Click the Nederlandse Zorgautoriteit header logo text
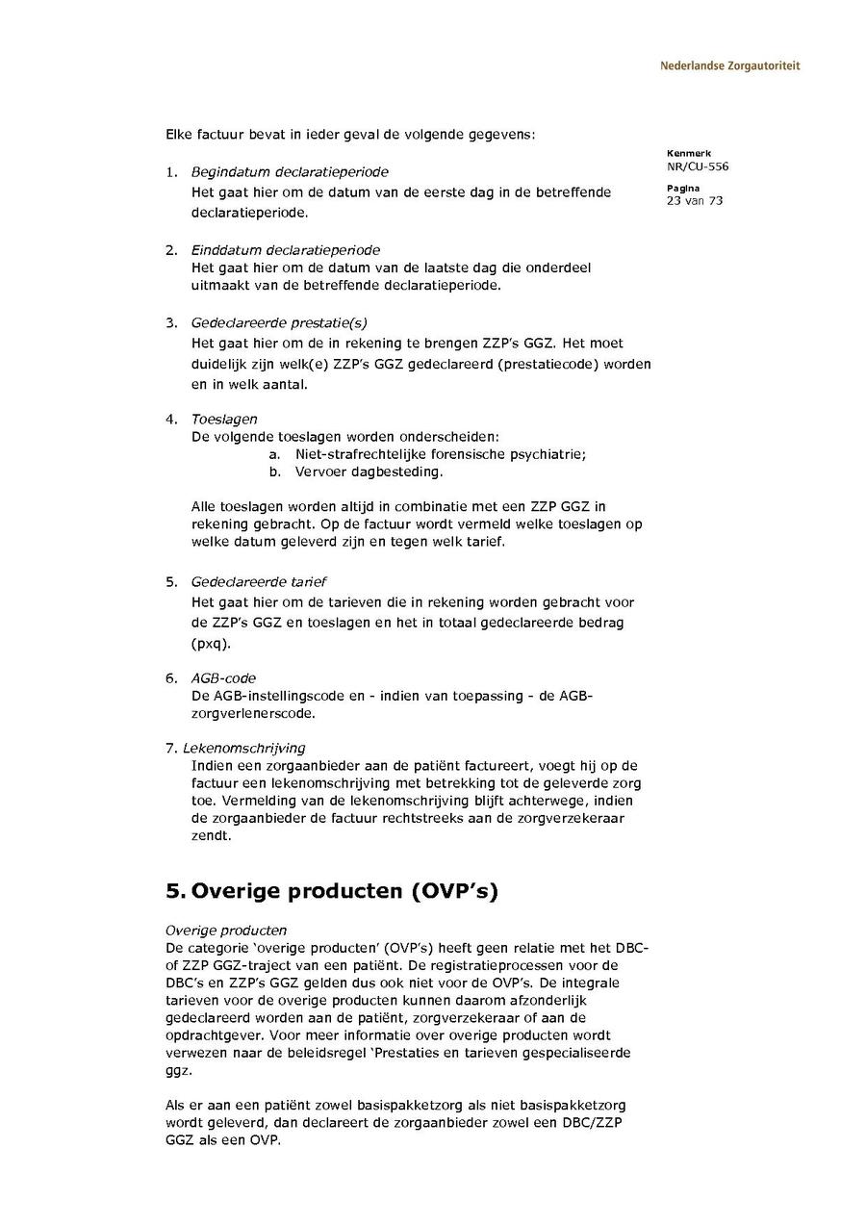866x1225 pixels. point(729,66)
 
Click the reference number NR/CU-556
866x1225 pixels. point(697,166)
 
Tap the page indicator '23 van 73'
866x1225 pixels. point(694,200)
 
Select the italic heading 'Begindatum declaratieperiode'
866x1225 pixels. point(290,172)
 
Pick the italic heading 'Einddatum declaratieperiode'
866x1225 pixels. point(285,250)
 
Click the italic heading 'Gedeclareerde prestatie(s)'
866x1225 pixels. point(279,323)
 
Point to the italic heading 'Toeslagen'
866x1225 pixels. point(224,420)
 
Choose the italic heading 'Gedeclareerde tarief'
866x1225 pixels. point(258,582)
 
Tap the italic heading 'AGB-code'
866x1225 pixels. point(223,678)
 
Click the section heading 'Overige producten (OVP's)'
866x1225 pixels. point(332,891)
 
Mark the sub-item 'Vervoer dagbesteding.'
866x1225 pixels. point(369,472)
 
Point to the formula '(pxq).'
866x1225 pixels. point(211,643)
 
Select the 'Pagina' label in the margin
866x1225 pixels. point(683,188)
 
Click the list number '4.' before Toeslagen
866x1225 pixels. point(171,420)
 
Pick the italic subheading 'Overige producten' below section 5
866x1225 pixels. point(226,931)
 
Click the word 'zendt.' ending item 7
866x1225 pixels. point(211,836)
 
